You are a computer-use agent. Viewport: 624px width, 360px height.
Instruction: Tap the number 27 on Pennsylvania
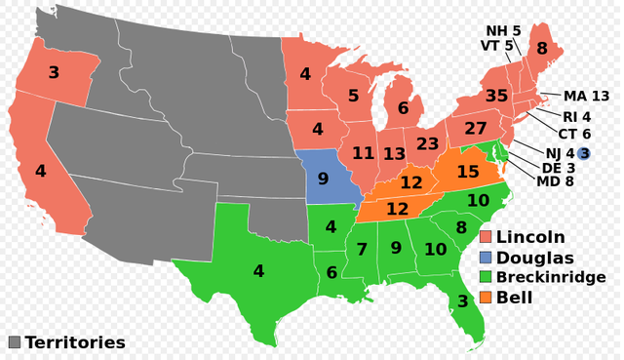pos(475,129)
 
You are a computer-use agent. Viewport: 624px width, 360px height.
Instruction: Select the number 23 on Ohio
pos(427,143)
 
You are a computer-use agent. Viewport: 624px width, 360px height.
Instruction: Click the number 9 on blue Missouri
pos(323,180)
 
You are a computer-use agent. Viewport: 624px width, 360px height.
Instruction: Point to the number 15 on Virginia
pos(467,172)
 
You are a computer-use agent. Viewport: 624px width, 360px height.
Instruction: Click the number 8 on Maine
pos(541,48)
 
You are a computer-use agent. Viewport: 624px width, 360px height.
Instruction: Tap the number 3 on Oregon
pos(54,72)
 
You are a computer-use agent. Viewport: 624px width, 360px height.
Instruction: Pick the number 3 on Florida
pos(462,302)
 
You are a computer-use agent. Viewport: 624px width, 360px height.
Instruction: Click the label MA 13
pos(586,96)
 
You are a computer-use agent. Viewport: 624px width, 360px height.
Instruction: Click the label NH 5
pos(503,30)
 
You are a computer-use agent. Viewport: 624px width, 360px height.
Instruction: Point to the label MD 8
pos(554,180)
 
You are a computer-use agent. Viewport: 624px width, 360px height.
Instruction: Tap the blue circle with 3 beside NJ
pos(584,153)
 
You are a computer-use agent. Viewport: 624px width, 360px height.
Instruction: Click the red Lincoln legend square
pos(485,237)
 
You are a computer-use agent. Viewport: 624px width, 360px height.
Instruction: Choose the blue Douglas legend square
pos(485,257)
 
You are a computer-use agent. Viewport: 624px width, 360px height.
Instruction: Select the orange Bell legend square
pos(485,297)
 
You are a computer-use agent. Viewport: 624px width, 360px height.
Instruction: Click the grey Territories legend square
pos(14,342)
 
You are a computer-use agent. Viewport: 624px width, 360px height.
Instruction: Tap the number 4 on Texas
pos(258,270)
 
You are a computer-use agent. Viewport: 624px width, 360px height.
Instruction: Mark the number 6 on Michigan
pos(403,108)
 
